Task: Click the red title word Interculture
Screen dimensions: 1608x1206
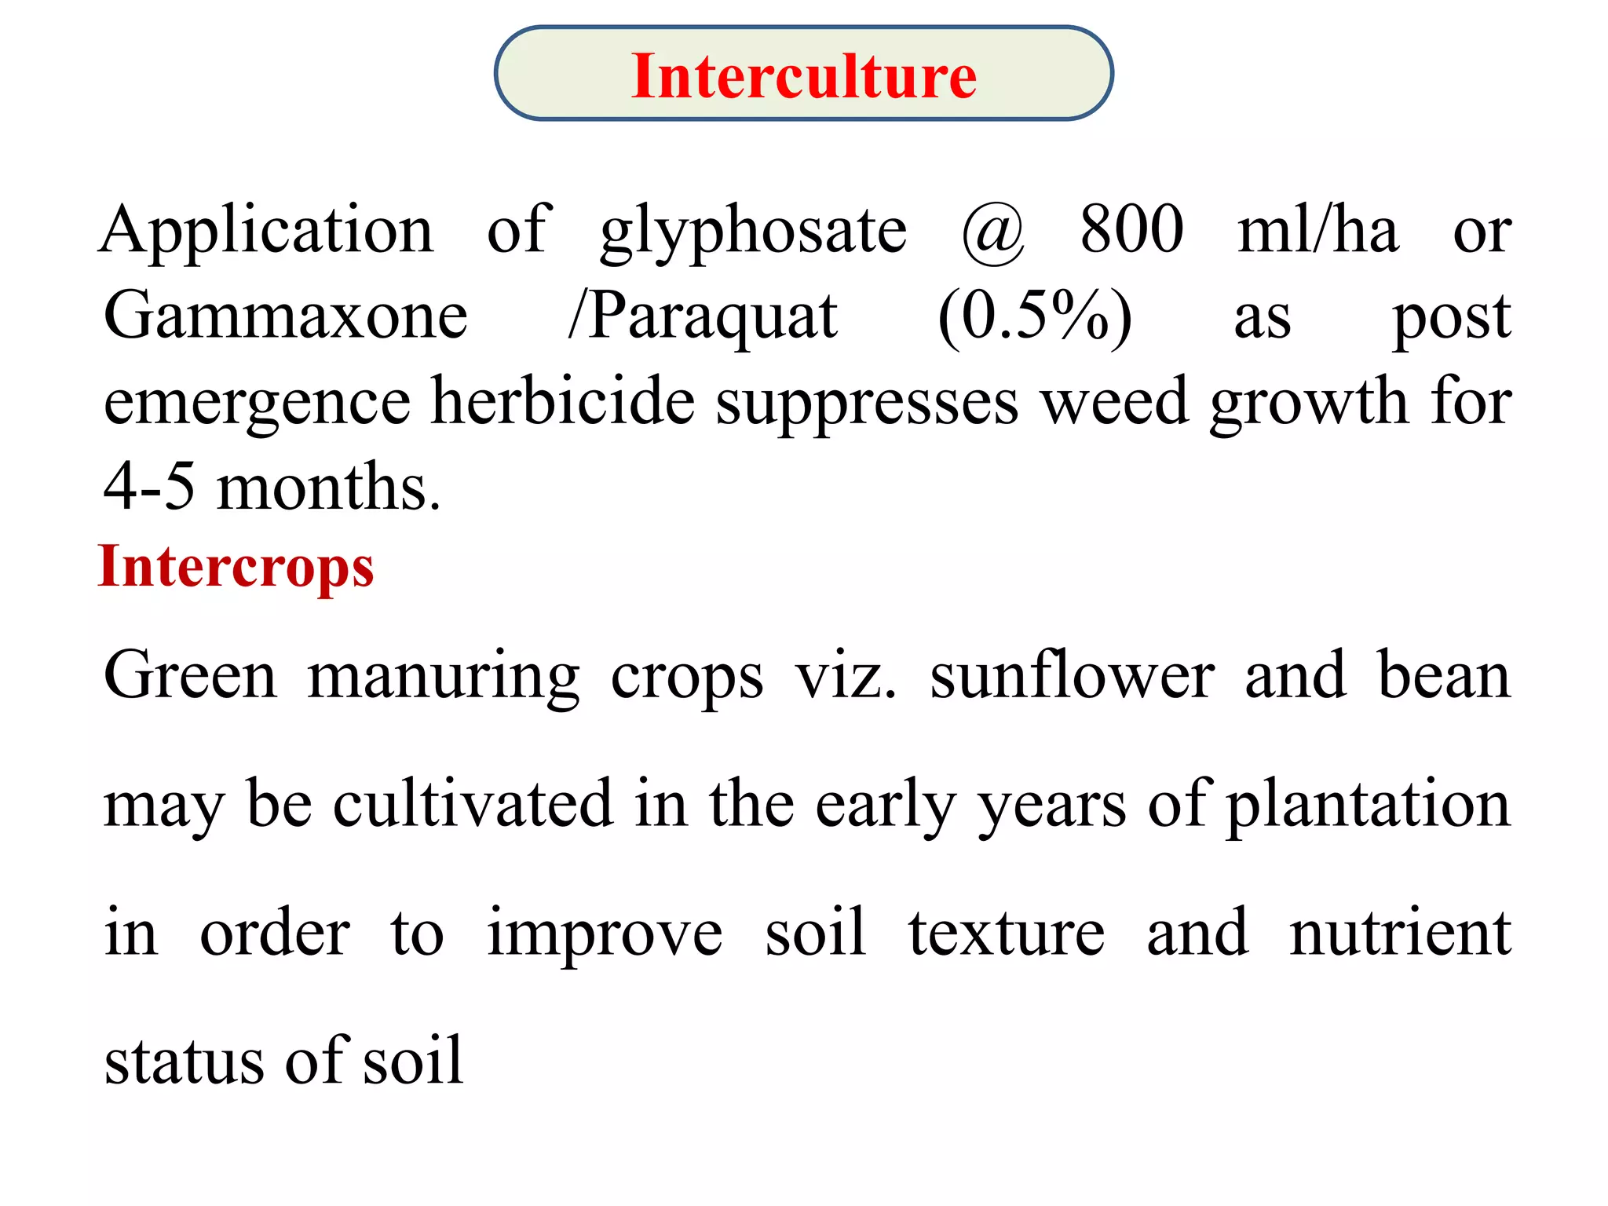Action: [x=804, y=76]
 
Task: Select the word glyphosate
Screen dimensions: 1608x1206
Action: [x=754, y=232]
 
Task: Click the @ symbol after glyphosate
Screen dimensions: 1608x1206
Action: [x=993, y=233]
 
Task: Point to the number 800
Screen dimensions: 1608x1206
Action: [x=1131, y=228]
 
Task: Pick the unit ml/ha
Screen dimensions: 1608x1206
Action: [x=1317, y=228]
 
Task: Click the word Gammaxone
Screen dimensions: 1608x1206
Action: [x=286, y=315]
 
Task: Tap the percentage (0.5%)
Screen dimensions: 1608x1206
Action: [x=1036, y=317]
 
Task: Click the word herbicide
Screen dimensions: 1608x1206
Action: [x=564, y=400]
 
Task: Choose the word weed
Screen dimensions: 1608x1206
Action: [x=1115, y=400]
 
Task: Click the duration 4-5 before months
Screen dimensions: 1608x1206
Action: [x=149, y=486]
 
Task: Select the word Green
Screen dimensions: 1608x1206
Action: [x=191, y=674]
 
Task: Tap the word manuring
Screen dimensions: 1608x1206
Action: [x=444, y=678]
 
